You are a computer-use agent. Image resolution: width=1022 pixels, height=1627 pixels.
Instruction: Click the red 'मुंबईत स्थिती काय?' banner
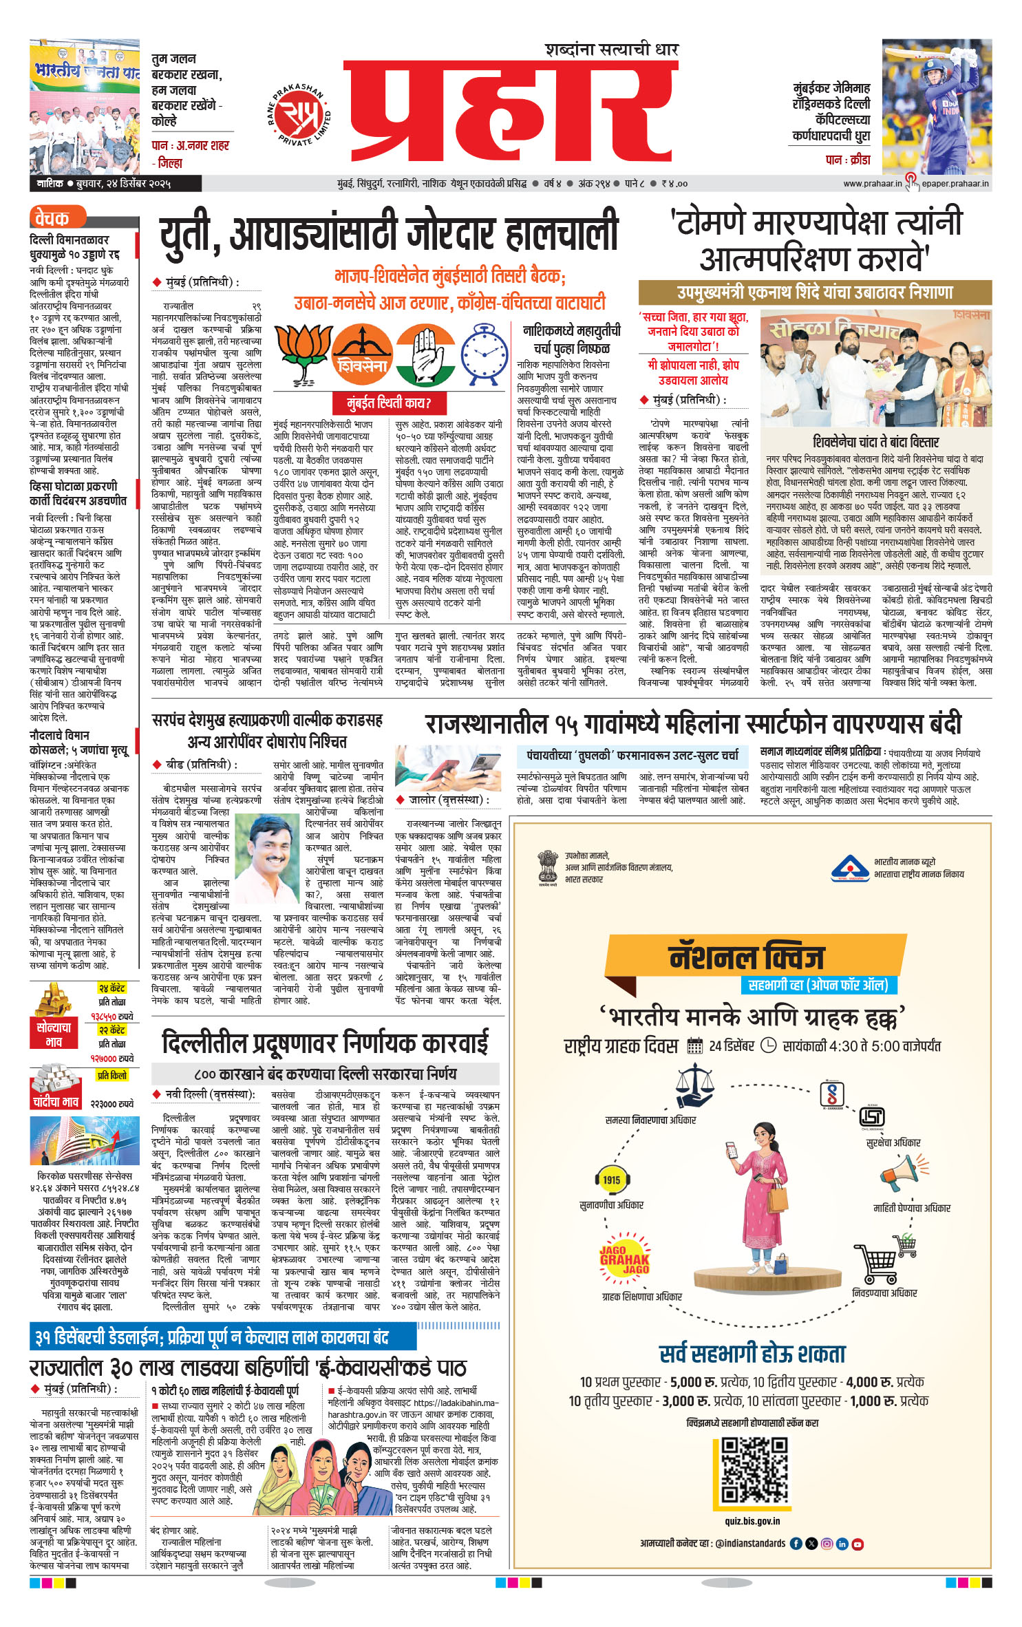389,403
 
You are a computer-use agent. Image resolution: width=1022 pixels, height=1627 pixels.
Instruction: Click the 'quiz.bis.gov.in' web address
752,1520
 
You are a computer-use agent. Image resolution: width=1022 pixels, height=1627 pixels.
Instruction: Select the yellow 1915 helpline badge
611,1179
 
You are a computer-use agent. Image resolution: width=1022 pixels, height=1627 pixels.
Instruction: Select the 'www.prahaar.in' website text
871,184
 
